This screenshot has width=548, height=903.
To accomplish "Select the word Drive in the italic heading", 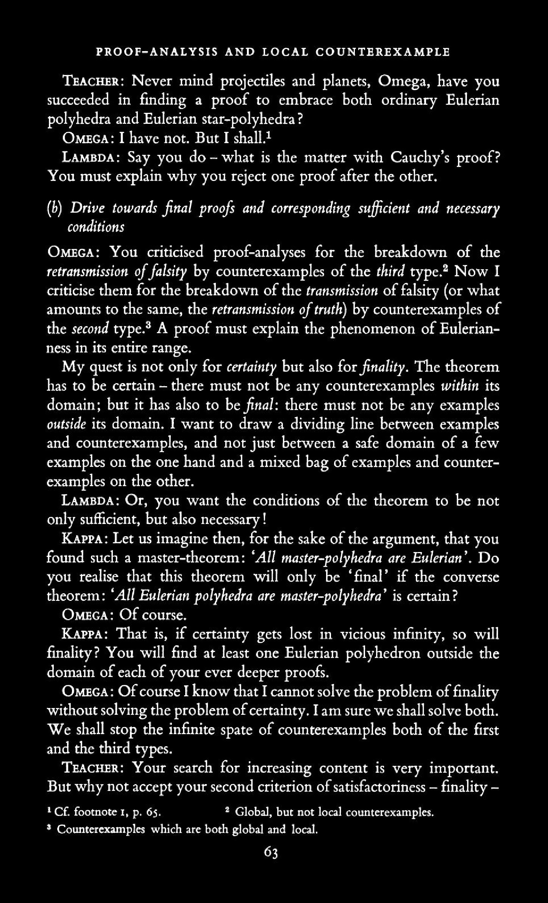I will point(83,208).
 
